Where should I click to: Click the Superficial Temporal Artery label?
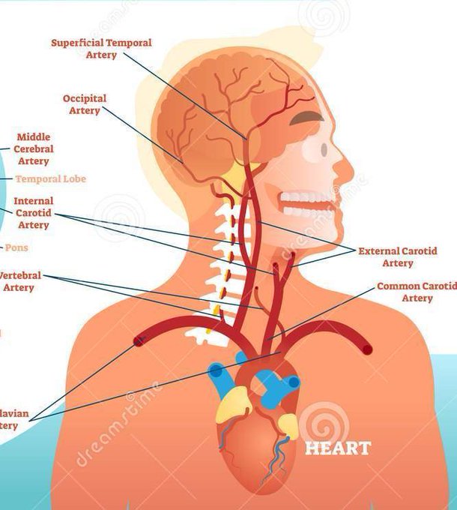pos(101,49)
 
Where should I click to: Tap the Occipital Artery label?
pos(85,104)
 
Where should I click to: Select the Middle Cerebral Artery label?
pos(33,148)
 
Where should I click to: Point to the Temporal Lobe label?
pos(50,179)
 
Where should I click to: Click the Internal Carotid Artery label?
pos(33,213)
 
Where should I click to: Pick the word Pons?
pos(17,247)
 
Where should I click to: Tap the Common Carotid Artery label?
pos(417,292)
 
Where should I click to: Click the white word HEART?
pos(337,448)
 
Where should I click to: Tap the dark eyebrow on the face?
pos(309,118)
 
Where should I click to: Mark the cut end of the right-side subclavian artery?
pos(139,342)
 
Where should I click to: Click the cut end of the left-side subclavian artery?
pos(366,348)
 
